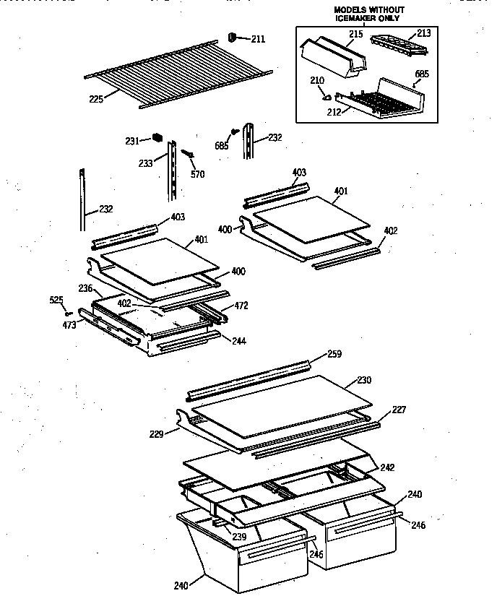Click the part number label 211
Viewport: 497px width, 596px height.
pyautogui.click(x=257, y=39)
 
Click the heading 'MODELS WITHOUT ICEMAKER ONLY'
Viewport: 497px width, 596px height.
pyautogui.click(x=369, y=14)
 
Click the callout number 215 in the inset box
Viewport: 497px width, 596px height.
pyautogui.click(x=356, y=33)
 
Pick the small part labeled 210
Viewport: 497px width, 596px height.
pyautogui.click(x=327, y=93)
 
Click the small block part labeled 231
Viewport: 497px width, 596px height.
pyautogui.click(x=157, y=137)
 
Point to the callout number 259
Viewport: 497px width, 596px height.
pyautogui.click(x=334, y=354)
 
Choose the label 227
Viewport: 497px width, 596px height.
pyautogui.click(x=399, y=410)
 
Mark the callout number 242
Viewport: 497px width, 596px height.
pyautogui.click(x=388, y=467)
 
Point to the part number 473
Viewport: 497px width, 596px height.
pyautogui.click(x=69, y=326)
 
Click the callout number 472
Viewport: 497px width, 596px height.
pyautogui.click(x=241, y=306)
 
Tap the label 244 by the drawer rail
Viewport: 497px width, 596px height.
pyautogui.click(x=238, y=340)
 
